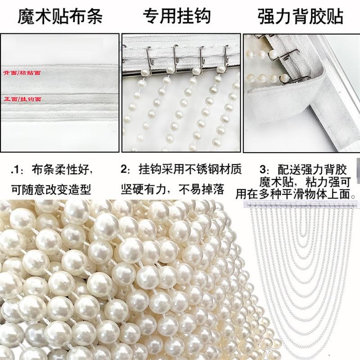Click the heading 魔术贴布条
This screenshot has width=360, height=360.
[60, 17]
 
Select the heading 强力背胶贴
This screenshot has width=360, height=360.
[301, 17]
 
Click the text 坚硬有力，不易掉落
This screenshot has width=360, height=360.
[172, 189]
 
